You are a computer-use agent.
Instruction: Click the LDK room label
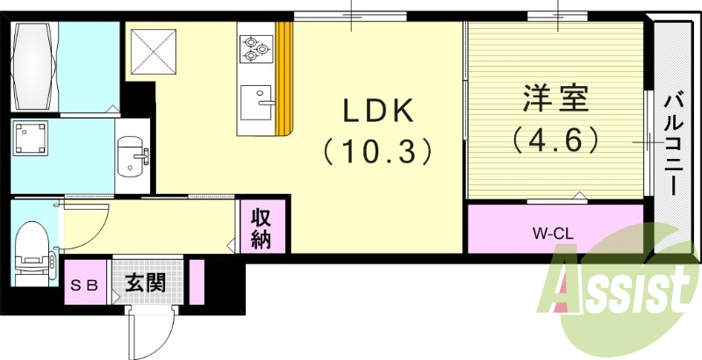pyautogui.click(x=377, y=112)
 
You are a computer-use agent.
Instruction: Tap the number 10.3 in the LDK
pyautogui.click(x=377, y=151)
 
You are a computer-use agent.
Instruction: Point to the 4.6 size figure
pyautogui.click(x=556, y=139)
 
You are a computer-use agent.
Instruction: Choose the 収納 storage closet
pyautogui.click(x=261, y=228)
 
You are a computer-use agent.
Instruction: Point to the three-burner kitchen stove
pyautogui.click(x=256, y=47)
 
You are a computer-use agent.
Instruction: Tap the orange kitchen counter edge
pyautogui.click(x=283, y=79)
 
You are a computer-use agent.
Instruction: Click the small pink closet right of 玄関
pyautogui.click(x=197, y=283)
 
